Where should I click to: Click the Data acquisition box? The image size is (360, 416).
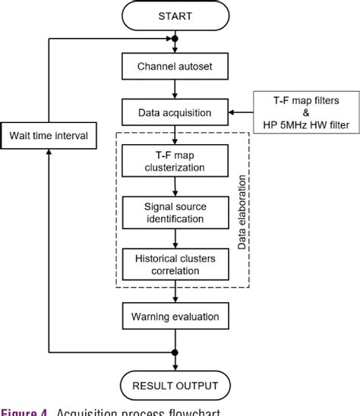[x=175, y=113]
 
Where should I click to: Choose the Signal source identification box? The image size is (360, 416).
[x=175, y=212]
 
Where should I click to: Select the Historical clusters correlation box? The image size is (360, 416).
[x=175, y=263]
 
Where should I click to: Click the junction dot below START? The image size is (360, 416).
[x=175, y=38]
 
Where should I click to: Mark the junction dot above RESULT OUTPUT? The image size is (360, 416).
[x=175, y=351]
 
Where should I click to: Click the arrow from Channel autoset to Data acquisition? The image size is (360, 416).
[x=175, y=93]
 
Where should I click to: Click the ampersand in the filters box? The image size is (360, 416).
[x=304, y=113]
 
